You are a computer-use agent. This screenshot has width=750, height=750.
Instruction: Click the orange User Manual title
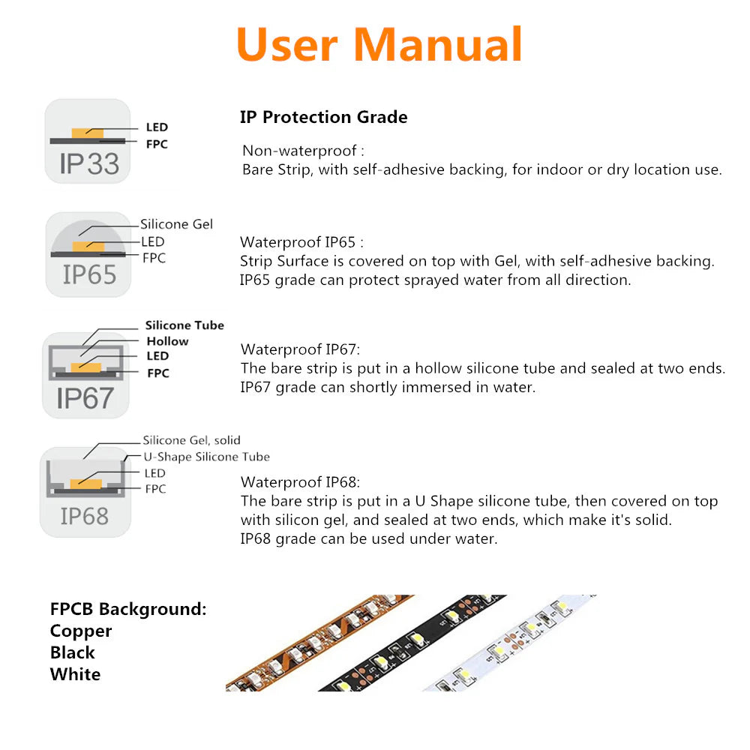coord(379,45)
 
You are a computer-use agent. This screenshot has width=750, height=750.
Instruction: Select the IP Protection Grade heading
coord(323,117)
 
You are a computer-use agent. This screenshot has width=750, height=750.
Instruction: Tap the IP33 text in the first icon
coord(89,163)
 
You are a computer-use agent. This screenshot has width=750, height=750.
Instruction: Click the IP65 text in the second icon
coord(89,274)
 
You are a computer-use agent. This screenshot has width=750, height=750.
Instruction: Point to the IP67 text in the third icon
coord(85,398)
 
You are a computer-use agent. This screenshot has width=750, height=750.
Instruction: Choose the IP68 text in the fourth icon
coord(84,516)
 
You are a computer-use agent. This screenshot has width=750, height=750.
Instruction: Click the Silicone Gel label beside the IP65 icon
coord(176,224)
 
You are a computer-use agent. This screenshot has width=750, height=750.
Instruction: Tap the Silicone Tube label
coord(184,325)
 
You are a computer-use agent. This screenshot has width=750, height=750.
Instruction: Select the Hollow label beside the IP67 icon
coord(167,341)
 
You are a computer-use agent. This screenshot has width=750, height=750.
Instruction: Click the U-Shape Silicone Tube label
coord(206,457)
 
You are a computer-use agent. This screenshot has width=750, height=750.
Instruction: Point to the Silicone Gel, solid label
coord(191,440)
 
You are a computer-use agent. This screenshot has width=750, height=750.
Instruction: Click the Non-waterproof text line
coord(304,151)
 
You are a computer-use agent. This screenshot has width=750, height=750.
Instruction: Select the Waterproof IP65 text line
coord(301,242)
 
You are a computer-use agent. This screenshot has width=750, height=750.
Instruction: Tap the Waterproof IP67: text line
coord(300,349)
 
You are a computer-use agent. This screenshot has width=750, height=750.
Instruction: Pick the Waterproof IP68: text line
coord(300,482)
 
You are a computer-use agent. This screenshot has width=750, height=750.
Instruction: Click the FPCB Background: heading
coord(128,609)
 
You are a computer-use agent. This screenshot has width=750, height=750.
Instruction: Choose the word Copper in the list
coord(81,631)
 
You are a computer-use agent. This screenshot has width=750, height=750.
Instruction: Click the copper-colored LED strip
coord(300,645)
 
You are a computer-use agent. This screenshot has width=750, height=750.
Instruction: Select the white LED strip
coord(510,645)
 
